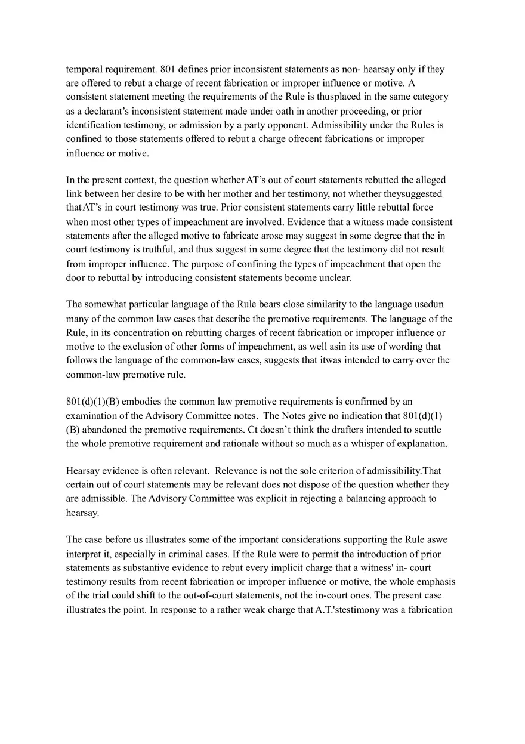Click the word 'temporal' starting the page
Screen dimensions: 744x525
click(x=83, y=69)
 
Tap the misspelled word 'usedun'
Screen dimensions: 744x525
click(x=428, y=305)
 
